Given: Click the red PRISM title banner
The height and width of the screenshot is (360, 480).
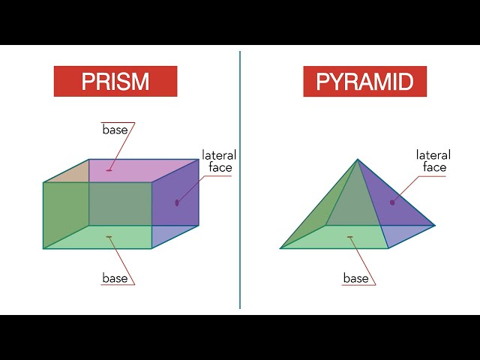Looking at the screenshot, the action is (x=115, y=82).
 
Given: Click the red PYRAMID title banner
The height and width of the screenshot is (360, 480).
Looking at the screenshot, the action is (x=365, y=82).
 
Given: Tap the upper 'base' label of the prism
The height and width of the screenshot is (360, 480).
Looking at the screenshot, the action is (x=115, y=130).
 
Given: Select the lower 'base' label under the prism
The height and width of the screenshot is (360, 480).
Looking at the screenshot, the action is (x=115, y=278).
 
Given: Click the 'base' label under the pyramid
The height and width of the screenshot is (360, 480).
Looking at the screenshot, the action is (x=356, y=278).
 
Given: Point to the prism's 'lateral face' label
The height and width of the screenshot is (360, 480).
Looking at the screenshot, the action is (x=219, y=161).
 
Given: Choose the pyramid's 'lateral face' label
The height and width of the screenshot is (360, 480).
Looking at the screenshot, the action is (x=433, y=161).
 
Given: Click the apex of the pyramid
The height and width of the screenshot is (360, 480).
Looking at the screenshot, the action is (x=357, y=159).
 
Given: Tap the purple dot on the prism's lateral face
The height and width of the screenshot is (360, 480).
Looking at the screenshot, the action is (x=177, y=202).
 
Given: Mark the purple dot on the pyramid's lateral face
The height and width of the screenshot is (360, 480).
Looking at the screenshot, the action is (x=392, y=202).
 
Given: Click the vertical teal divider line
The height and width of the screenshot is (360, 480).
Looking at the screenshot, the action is (x=240, y=180).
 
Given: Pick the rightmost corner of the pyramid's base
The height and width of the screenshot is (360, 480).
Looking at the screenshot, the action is (x=435, y=226).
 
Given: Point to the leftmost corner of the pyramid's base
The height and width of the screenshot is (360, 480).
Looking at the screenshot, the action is (x=280, y=248).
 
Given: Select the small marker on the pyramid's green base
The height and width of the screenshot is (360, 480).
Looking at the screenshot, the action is (x=350, y=237).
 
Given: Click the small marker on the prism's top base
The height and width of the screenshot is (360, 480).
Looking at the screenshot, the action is (x=109, y=170).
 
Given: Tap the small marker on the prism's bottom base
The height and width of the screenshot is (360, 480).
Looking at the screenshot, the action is (x=109, y=237).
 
